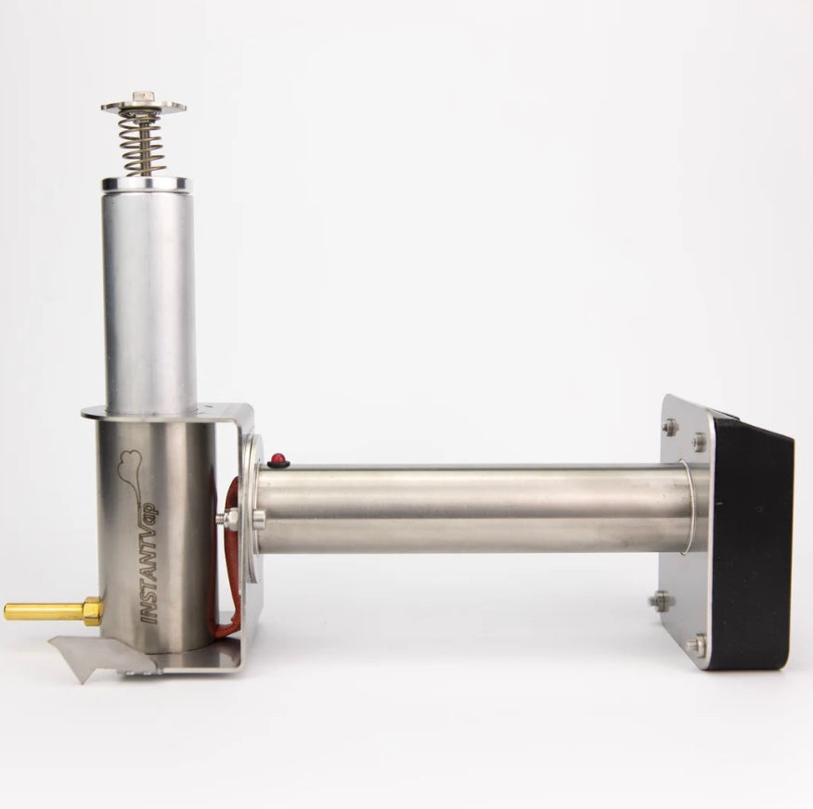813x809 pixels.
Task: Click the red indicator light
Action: [x=277, y=460]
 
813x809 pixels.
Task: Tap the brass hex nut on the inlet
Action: [x=91, y=610]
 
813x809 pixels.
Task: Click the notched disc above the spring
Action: [x=143, y=107]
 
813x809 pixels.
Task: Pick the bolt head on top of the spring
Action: [x=143, y=96]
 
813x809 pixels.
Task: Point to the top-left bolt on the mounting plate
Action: [x=669, y=427]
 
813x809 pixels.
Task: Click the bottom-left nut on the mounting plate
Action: [x=659, y=601]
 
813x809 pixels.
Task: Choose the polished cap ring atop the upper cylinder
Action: [x=147, y=185]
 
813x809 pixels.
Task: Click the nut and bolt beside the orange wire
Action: [x=229, y=518]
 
